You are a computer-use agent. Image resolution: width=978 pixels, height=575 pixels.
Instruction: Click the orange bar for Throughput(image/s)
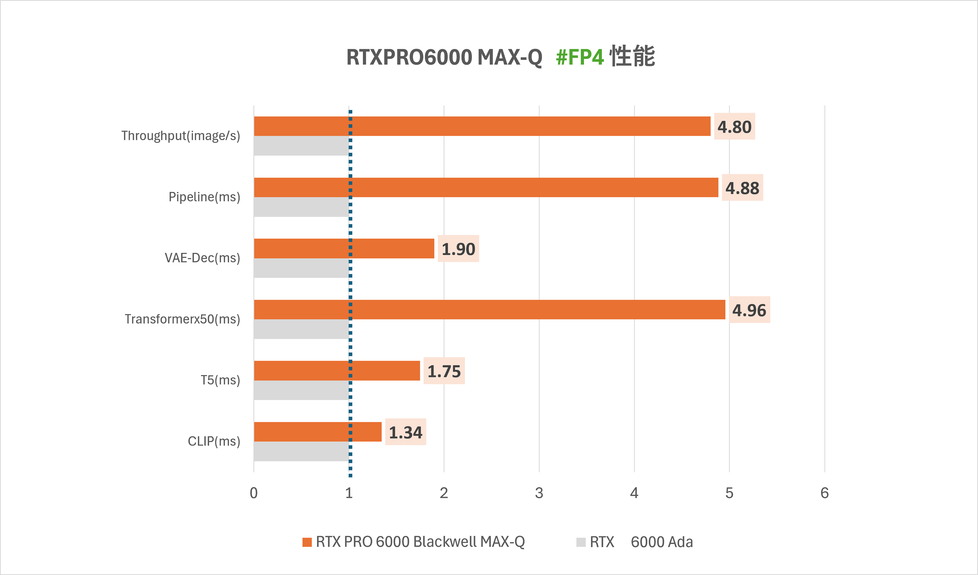click(x=481, y=126)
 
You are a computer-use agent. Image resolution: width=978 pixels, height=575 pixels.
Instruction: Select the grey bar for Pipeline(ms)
click(x=301, y=207)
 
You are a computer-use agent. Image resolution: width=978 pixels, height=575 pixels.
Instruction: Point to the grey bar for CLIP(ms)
click(x=301, y=451)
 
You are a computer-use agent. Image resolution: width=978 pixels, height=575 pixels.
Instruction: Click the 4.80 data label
click(x=734, y=126)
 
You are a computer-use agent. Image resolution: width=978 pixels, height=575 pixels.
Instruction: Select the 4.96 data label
click(x=749, y=310)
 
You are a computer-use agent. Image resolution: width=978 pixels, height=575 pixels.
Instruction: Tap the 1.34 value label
click(x=406, y=432)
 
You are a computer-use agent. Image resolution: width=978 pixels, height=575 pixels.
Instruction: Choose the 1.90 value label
click(x=458, y=249)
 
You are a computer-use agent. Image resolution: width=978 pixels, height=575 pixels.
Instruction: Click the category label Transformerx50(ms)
click(x=182, y=319)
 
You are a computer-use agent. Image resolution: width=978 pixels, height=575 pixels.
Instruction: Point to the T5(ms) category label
click(x=220, y=380)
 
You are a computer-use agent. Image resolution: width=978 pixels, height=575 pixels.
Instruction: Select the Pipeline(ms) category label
click(x=204, y=197)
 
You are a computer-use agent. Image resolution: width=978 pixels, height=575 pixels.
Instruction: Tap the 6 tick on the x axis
click(x=824, y=493)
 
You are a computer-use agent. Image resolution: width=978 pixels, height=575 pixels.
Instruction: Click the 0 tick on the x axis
click(x=253, y=493)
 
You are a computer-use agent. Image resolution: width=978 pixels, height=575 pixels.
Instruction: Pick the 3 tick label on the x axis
click(x=539, y=493)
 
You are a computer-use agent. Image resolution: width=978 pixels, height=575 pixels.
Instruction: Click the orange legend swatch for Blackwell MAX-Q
click(x=307, y=542)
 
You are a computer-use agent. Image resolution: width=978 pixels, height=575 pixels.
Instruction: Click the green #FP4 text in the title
click(x=579, y=57)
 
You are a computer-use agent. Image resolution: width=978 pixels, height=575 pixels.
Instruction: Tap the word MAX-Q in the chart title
click(x=510, y=57)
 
